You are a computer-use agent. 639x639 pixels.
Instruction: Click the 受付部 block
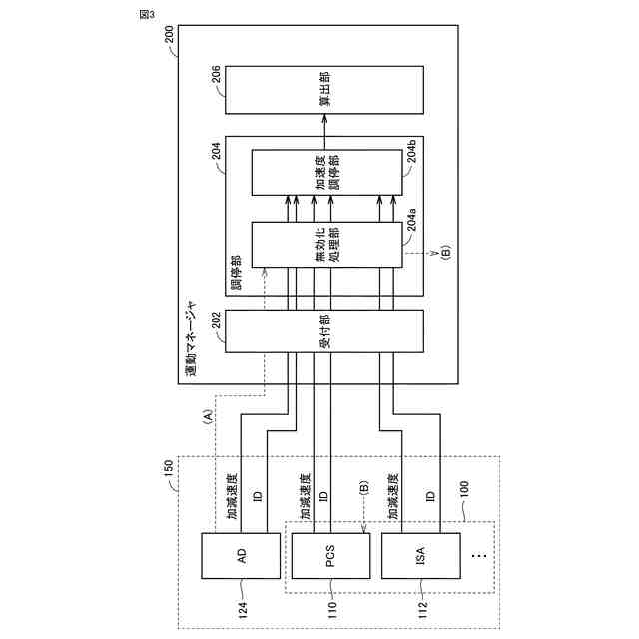coord(323,330)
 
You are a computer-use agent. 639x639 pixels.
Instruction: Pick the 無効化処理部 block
coord(323,245)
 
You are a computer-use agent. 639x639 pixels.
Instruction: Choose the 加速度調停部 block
coord(323,172)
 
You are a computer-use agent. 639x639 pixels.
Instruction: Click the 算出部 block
coord(323,89)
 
